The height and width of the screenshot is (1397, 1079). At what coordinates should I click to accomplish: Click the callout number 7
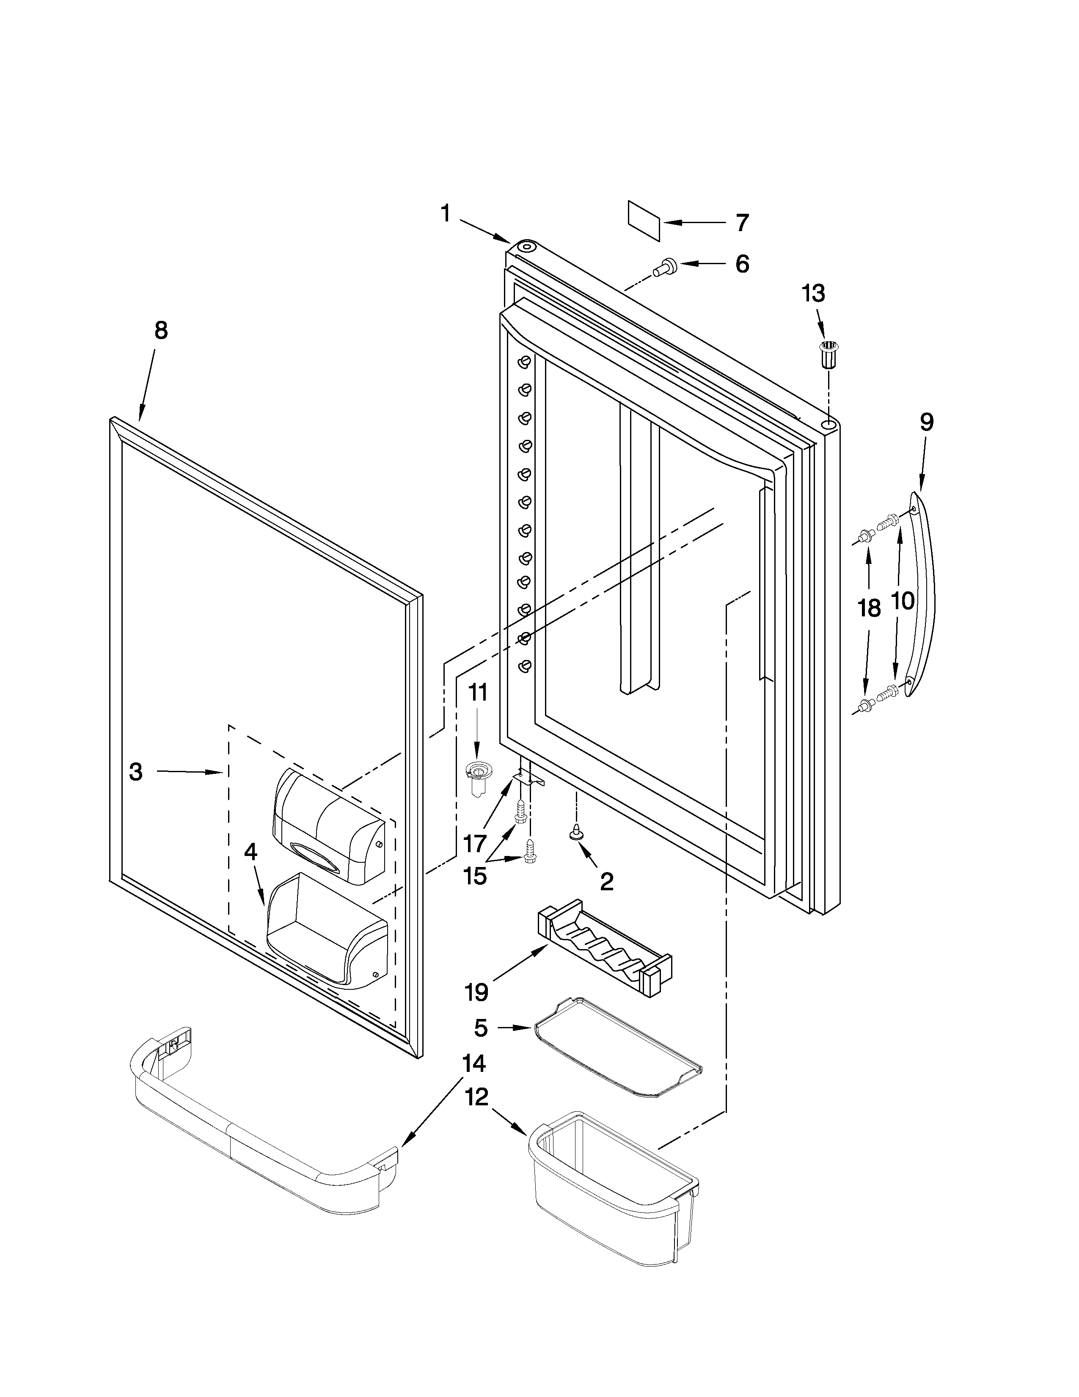click(x=741, y=223)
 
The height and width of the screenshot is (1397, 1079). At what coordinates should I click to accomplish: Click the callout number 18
click(x=869, y=608)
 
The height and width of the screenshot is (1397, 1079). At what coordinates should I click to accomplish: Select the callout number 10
click(x=903, y=600)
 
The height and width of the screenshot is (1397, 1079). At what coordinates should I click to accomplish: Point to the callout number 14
click(x=473, y=1063)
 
